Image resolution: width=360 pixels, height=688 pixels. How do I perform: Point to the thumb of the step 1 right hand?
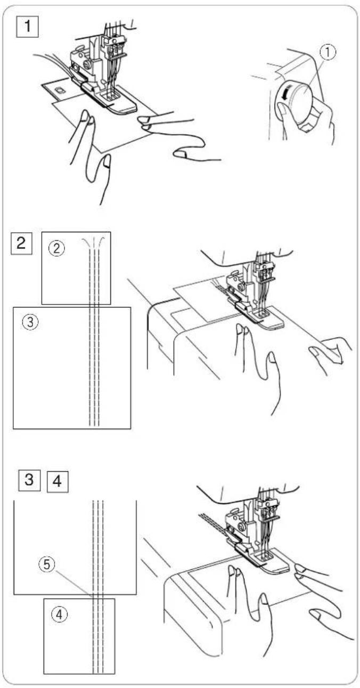(x=183, y=153)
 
